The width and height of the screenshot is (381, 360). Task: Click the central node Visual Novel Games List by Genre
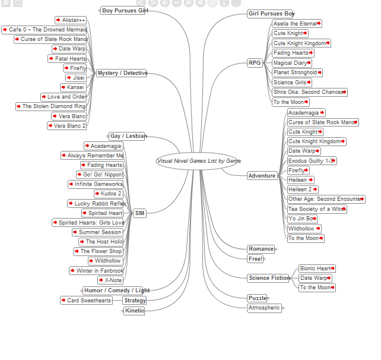tap(197, 161)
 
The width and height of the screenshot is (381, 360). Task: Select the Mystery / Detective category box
tap(122, 73)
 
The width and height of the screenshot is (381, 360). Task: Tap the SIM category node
tap(139, 213)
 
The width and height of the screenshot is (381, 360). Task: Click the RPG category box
tap(255, 63)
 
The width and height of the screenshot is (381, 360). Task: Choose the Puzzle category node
tap(257, 298)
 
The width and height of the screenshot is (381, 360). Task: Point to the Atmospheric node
tap(264, 308)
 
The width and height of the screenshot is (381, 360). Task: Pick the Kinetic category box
tap(134, 311)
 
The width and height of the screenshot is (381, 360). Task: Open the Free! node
tap(255, 259)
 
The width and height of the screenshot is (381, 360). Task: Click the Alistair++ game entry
tap(71, 20)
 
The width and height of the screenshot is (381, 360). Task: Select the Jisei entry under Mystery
tap(76, 78)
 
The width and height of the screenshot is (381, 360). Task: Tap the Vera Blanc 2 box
tap(67, 126)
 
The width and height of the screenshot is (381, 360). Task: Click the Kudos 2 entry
tap(109, 194)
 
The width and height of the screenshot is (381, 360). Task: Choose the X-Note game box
tap(110, 280)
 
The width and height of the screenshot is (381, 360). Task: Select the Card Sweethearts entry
tap(86, 301)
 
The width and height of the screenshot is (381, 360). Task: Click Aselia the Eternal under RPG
tap(297, 24)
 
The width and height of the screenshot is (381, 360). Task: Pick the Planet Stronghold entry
tap(297, 72)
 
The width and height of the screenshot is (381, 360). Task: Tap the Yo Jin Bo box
tap(302, 219)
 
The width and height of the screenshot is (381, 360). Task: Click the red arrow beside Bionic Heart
tap(332, 269)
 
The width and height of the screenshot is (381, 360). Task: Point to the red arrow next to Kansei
tap(63, 87)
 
